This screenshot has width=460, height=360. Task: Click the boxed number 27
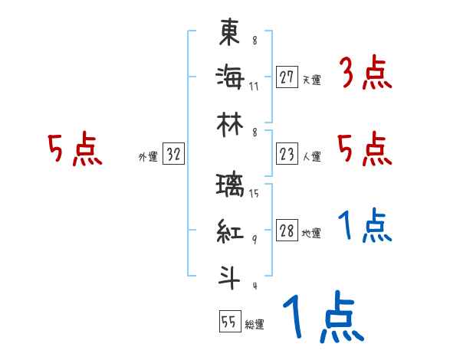point(287,77)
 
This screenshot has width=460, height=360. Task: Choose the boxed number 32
point(174,154)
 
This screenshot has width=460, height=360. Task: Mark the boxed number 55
point(229,322)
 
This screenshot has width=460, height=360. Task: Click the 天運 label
point(312,80)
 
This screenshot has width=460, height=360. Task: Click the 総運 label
point(255,325)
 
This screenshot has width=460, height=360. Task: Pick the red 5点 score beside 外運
point(75,150)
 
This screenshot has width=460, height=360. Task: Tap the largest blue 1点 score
point(323,318)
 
